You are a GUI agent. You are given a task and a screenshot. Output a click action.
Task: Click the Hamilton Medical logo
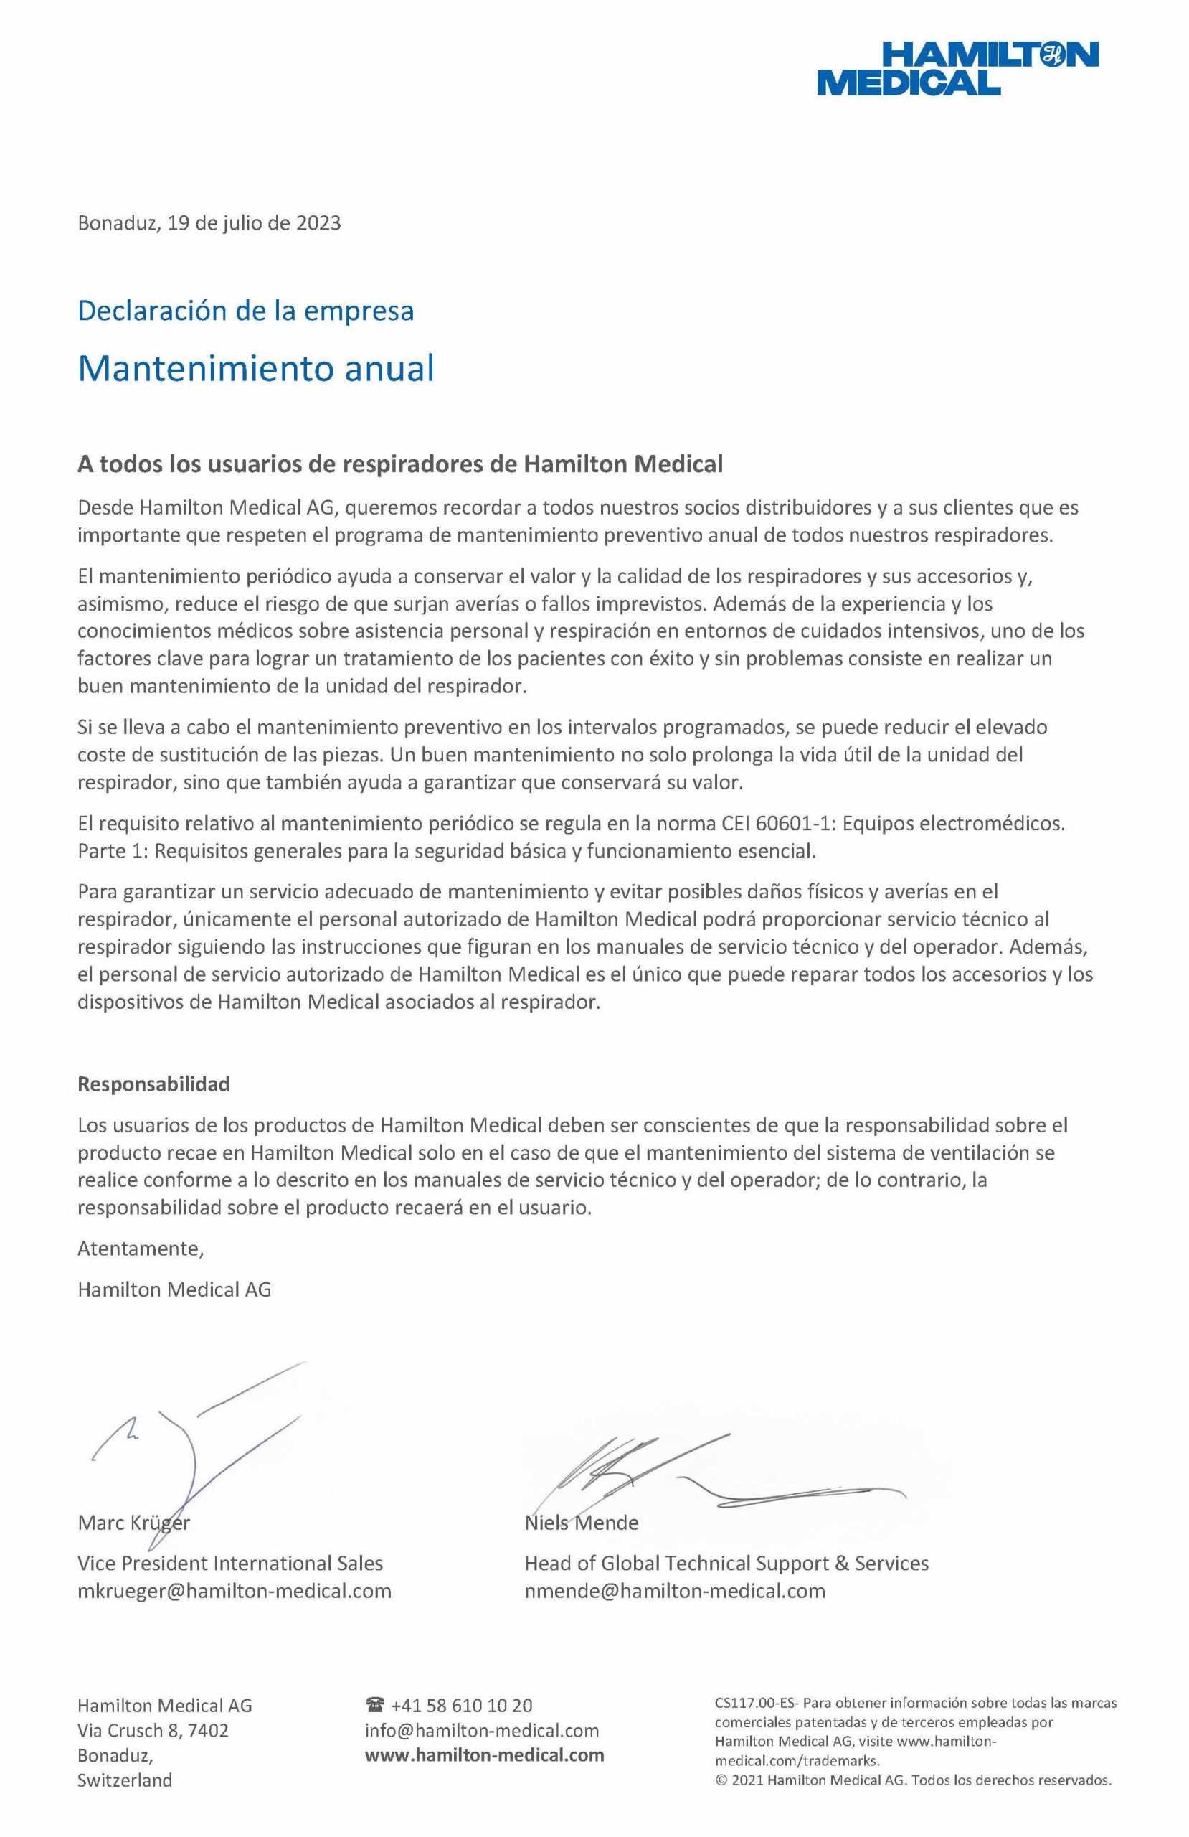tap(957, 68)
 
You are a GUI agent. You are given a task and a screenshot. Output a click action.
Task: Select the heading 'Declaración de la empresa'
tap(245, 310)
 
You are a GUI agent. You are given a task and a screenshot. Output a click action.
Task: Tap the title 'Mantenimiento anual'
tap(255, 368)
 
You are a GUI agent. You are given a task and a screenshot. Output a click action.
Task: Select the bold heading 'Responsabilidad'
tap(153, 1084)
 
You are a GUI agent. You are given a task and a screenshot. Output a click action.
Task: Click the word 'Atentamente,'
tap(141, 1248)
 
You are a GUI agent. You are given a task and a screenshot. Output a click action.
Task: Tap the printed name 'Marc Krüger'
tap(133, 1522)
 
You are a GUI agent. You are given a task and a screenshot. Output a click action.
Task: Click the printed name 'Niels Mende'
tap(581, 1522)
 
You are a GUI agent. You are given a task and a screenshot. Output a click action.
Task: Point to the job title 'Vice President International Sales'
tap(230, 1563)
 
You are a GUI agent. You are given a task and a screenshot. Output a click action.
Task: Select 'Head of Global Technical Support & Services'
tap(726, 1563)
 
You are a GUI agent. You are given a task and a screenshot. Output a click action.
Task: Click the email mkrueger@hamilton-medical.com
tap(235, 1591)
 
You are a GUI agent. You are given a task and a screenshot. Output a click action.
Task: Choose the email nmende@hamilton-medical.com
tap(674, 1591)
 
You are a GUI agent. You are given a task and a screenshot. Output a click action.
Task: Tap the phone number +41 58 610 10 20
tap(461, 1705)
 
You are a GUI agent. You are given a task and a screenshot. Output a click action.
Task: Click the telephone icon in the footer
tap(375, 1705)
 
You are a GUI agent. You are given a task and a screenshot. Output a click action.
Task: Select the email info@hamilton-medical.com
tap(481, 1731)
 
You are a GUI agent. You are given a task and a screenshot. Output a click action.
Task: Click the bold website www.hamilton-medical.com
tap(484, 1755)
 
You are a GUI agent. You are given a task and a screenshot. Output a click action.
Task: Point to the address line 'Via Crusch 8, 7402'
tap(153, 1731)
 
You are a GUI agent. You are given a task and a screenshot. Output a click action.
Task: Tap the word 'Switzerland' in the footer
tap(124, 1780)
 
